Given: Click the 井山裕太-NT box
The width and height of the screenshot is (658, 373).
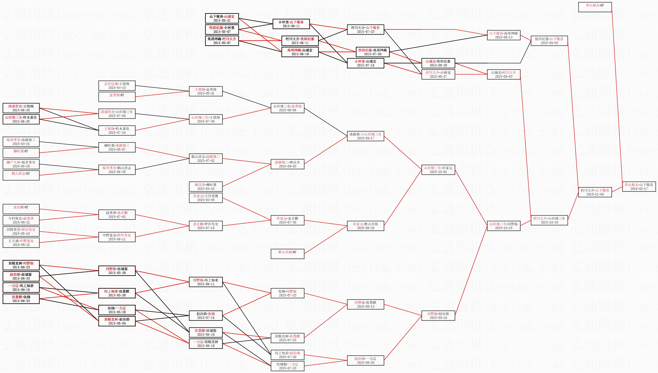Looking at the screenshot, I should (595, 7).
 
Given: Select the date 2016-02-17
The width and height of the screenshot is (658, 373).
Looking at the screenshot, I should (639, 189).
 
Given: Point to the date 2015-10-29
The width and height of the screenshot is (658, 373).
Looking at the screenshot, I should (549, 222).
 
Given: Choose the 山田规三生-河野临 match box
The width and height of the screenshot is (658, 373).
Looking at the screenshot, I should (503, 226).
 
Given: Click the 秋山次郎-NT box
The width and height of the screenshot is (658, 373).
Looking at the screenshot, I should (287, 254).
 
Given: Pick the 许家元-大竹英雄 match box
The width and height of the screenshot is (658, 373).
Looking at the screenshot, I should (206, 198).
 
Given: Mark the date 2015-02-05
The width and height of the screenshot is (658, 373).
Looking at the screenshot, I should (206, 200).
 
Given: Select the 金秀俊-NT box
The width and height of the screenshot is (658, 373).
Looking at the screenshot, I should (117, 97).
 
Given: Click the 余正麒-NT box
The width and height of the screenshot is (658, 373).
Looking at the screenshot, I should (21, 209).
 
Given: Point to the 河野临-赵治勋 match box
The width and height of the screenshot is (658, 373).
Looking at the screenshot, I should (438, 316).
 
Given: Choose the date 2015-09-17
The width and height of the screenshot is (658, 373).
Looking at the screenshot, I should (365, 138).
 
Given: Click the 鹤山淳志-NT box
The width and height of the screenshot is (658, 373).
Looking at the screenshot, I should (21, 175).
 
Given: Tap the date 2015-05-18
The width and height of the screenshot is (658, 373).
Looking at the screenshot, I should (21, 234).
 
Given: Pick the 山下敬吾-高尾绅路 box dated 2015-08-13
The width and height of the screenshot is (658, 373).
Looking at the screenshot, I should (503, 35).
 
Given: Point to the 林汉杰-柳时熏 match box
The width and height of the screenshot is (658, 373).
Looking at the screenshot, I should (206, 186).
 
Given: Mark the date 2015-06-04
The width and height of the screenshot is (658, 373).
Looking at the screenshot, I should (117, 323).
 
